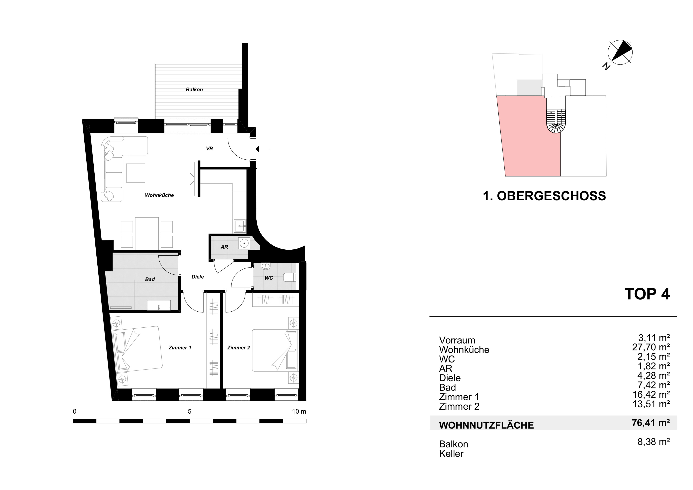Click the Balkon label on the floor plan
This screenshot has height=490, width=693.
click(194, 90)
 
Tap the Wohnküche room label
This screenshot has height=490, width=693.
click(159, 195)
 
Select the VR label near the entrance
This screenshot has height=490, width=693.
click(209, 148)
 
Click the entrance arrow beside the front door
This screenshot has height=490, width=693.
click(262, 149)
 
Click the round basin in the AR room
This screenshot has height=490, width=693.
click(244, 243)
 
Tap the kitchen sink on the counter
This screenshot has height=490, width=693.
click(239, 226)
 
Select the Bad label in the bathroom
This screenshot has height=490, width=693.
click(150, 279)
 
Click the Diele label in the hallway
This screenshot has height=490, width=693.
click(198, 277)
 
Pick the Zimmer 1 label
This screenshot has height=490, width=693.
click(180, 348)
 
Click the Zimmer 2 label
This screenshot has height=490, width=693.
click(238, 348)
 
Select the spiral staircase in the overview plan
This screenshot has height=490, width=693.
click(556, 122)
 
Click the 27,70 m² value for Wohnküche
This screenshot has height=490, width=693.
click(651, 347)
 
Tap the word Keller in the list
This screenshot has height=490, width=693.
click(451, 454)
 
